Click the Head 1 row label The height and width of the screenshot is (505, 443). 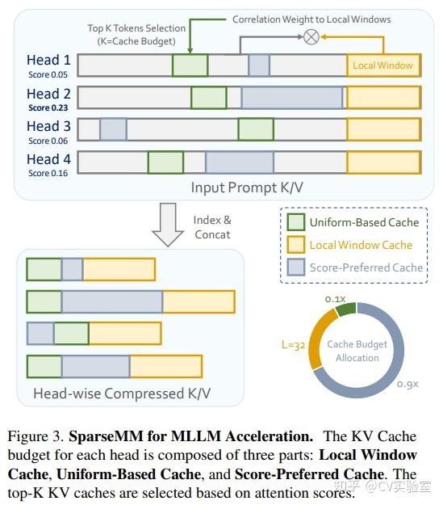coord(48,60)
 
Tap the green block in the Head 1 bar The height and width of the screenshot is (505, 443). coord(190,65)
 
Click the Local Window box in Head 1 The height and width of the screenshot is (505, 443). coord(383,65)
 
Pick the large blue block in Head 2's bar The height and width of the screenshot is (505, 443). coord(292,98)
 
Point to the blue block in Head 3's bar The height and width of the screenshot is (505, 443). coord(113,129)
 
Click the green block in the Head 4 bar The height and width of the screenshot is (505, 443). coord(165,162)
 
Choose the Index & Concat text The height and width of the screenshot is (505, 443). coord(212,227)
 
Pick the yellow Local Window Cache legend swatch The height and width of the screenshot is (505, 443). coord(295,245)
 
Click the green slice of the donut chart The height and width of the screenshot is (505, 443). coord(345,308)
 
